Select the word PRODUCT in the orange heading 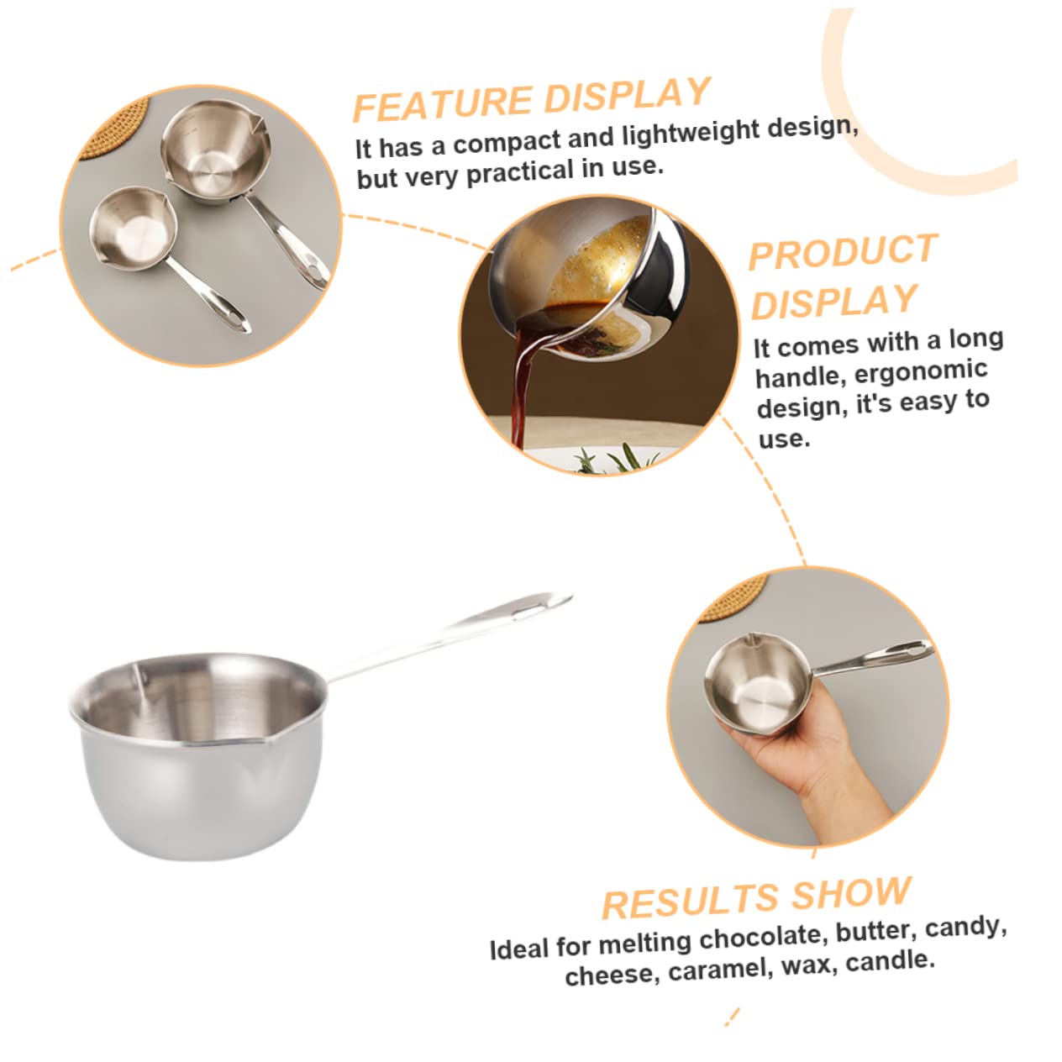point(842,253)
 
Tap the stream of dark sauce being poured point(522,386)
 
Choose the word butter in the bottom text point(872,931)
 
